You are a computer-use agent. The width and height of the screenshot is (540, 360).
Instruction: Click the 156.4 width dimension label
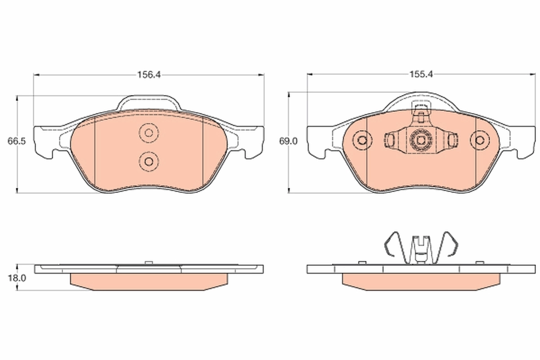[149, 75]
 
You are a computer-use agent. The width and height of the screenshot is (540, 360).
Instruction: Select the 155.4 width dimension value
[420, 75]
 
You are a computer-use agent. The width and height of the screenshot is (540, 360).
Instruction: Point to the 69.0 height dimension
[288, 141]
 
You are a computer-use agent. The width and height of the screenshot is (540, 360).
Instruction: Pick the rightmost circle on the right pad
[479, 140]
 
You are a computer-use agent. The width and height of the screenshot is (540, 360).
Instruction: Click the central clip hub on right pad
[420, 140]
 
